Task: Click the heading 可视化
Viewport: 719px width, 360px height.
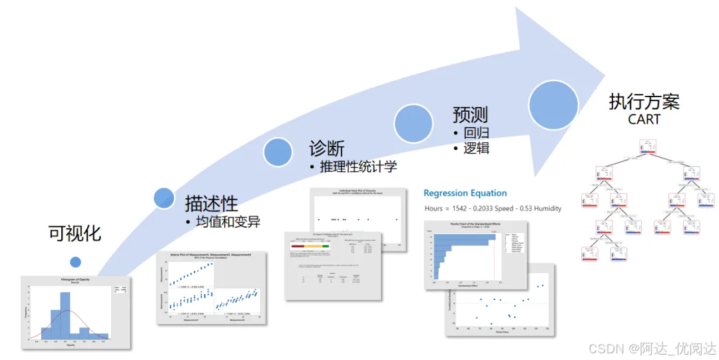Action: click(x=75, y=233)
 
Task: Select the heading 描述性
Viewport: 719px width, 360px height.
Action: click(x=211, y=202)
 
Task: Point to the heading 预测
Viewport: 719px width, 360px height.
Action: click(x=471, y=114)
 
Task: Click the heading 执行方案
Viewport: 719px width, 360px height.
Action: click(x=644, y=102)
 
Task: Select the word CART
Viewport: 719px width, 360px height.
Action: click(x=644, y=120)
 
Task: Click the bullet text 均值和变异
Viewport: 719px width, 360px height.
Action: click(x=228, y=222)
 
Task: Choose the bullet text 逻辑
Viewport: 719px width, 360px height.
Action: click(x=476, y=148)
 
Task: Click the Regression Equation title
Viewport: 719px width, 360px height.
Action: click(x=465, y=193)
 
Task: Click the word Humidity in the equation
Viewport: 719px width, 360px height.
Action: click(x=544, y=208)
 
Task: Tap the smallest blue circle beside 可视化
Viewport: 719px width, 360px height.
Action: click(x=75, y=262)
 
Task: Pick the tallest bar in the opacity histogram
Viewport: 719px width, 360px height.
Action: click(x=65, y=313)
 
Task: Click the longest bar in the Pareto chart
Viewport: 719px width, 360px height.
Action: click(x=465, y=237)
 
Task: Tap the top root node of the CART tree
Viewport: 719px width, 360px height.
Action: click(x=648, y=146)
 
